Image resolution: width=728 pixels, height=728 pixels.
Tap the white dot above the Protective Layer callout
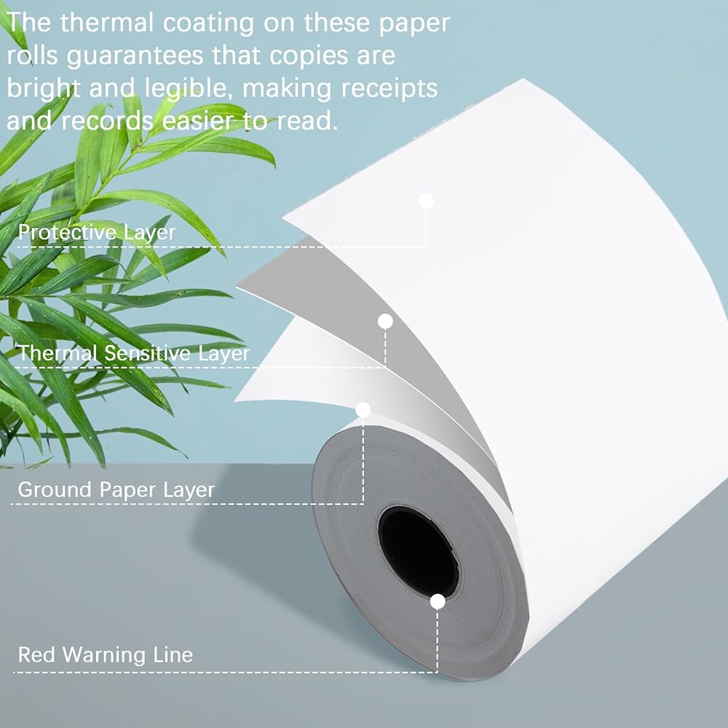click(426, 201)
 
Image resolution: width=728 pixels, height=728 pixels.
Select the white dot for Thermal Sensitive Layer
click(385, 321)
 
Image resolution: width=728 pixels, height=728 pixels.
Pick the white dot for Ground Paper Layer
click(363, 410)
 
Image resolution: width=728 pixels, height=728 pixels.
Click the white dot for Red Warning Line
click(438, 602)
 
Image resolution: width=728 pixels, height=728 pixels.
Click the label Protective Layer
click(97, 232)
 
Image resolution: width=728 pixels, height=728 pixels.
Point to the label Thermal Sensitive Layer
click(134, 353)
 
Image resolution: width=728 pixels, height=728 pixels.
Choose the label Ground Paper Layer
click(116, 490)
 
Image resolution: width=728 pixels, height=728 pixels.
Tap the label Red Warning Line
click(106, 654)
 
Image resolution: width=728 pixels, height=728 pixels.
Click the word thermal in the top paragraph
click(107, 23)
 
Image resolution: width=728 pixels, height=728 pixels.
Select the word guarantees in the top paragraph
click(135, 57)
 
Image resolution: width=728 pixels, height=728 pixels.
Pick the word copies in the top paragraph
click(309, 57)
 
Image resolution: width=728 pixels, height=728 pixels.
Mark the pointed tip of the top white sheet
click(283, 215)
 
